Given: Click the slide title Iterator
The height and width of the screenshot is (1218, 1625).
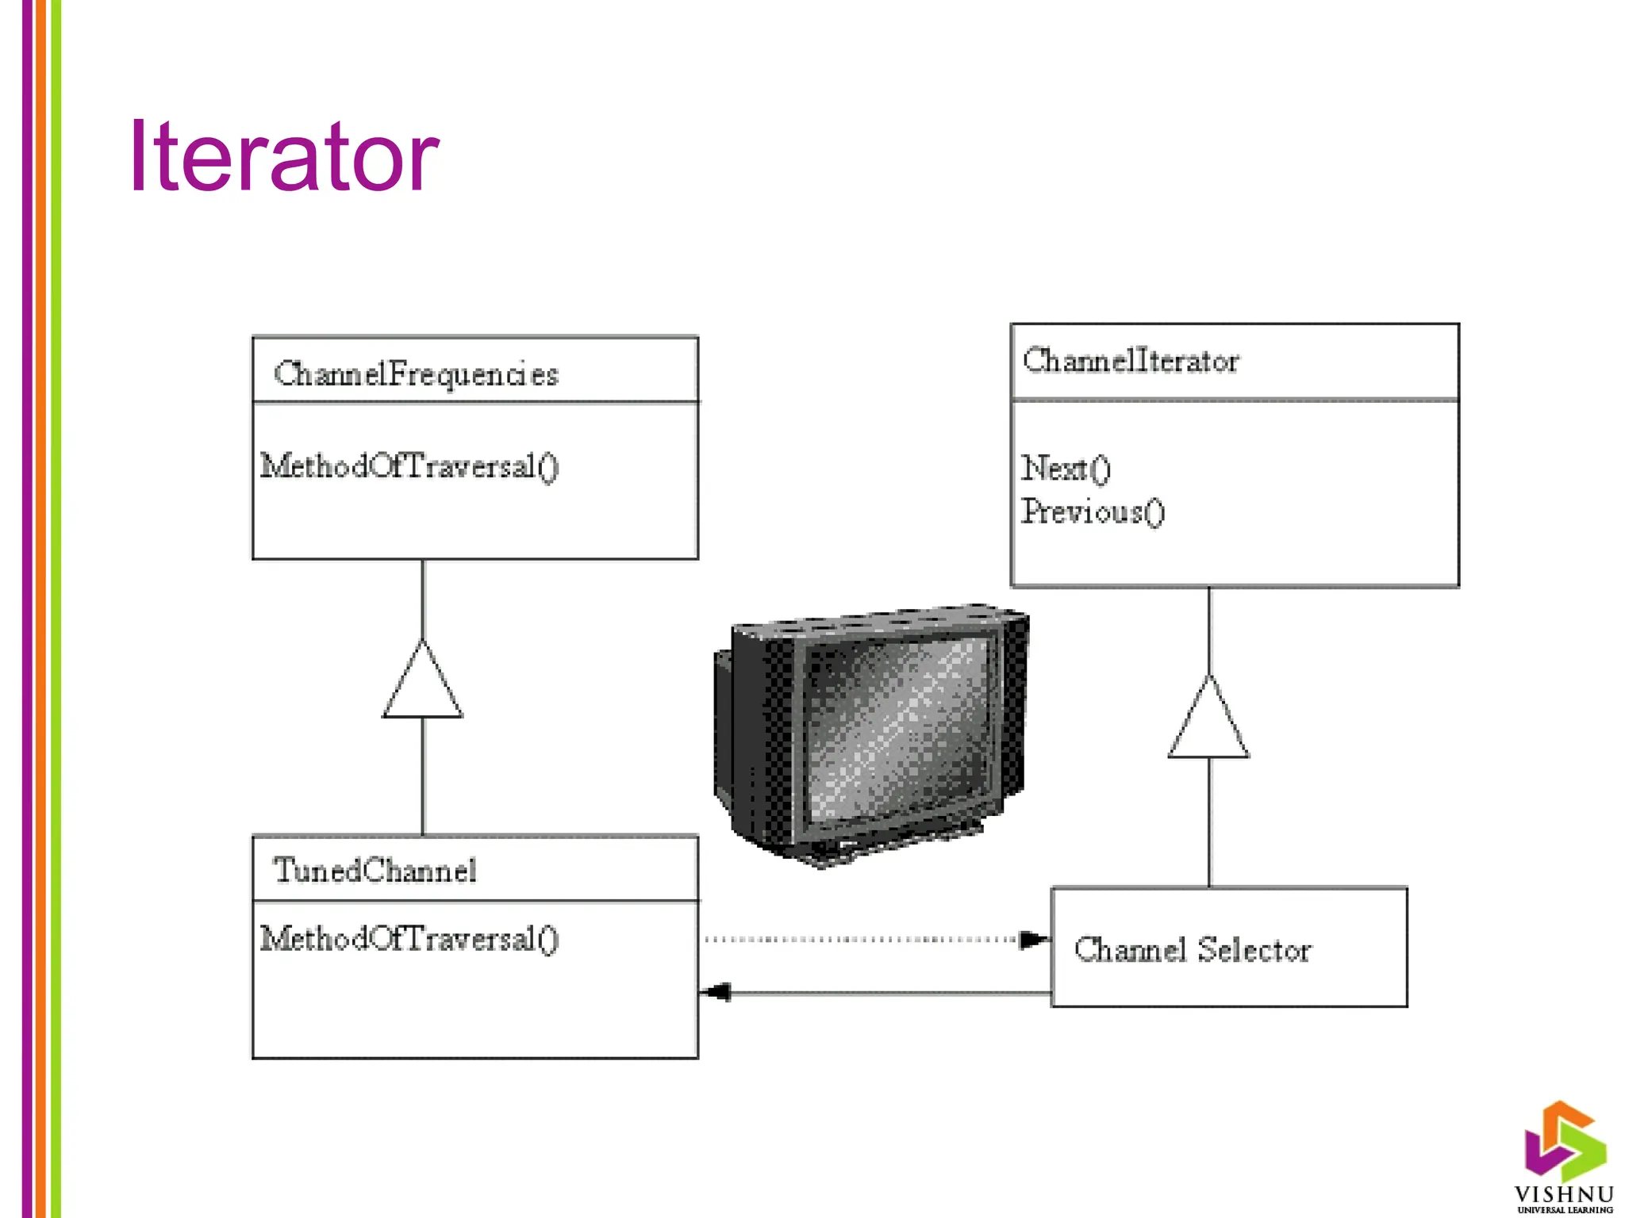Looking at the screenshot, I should click(x=283, y=156).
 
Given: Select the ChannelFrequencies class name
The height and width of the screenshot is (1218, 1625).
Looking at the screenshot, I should click(x=416, y=373).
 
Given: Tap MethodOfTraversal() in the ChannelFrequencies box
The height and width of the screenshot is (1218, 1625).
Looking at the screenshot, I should click(x=409, y=466).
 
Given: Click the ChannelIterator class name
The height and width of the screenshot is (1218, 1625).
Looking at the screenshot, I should click(x=1130, y=361).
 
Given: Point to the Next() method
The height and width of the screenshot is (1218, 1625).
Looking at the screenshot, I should click(x=1066, y=469).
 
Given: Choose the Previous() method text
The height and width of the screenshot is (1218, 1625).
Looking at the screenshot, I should click(x=1093, y=511).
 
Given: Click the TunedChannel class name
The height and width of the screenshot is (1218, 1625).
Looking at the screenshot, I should click(x=375, y=871).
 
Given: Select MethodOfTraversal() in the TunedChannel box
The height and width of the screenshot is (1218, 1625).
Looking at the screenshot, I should click(x=409, y=939).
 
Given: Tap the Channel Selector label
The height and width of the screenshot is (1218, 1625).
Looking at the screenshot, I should click(x=1193, y=949).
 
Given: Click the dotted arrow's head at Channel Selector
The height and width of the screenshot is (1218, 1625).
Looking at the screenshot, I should click(x=1032, y=940).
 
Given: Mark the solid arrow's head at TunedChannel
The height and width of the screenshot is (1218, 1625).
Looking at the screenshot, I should click(x=717, y=992).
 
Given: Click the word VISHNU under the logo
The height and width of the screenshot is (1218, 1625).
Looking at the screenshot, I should click(x=1563, y=1194).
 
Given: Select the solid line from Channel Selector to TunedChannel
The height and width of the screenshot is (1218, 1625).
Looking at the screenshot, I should click(x=889, y=992).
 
